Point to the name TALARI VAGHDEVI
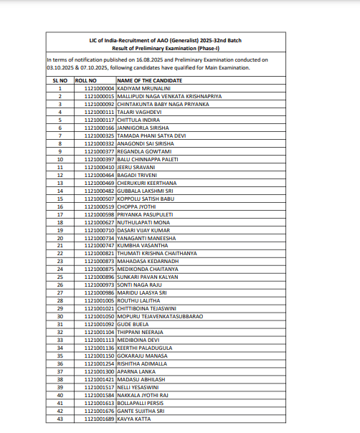click(x=140, y=112)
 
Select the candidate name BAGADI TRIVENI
click(x=138, y=175)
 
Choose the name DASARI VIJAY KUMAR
click(x=146, y=230)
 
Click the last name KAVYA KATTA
click(x=135, y=419)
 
